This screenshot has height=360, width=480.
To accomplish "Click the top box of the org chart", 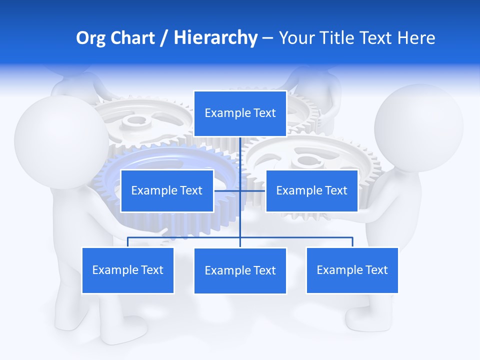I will click(240, 113).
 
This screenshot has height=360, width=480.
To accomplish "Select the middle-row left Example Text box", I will click(167, 190).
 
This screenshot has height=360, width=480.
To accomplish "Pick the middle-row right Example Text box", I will click(311, 190).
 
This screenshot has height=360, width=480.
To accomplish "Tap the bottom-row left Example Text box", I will click(127, 270).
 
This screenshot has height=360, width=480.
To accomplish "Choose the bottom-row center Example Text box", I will click(240, 270).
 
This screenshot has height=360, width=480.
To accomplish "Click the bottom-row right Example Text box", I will click(352, 270).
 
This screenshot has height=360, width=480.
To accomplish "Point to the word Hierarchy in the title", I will click(215, 38).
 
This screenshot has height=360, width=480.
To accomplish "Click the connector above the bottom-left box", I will click(127, 242).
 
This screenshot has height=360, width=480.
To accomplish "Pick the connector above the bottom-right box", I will click(352, 242).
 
